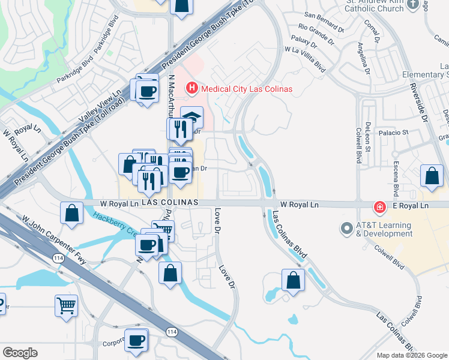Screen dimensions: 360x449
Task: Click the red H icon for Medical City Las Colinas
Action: click(x=192, y=89)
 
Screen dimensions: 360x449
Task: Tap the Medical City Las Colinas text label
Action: click(x=247, y=89)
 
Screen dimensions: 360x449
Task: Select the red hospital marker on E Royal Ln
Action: click(x=379, y=207)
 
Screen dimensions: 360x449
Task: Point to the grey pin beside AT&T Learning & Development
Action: click(x=346, y=229)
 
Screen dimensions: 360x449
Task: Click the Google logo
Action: click(x=20, y=353)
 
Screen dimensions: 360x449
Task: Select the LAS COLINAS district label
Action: click(x=170, y=203)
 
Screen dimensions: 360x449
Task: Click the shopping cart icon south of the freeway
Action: click(x=66, y=305)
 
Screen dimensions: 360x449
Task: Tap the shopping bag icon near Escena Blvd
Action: click(x=432, y=176)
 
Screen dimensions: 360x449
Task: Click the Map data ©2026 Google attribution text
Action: click(x=411, y=355)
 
